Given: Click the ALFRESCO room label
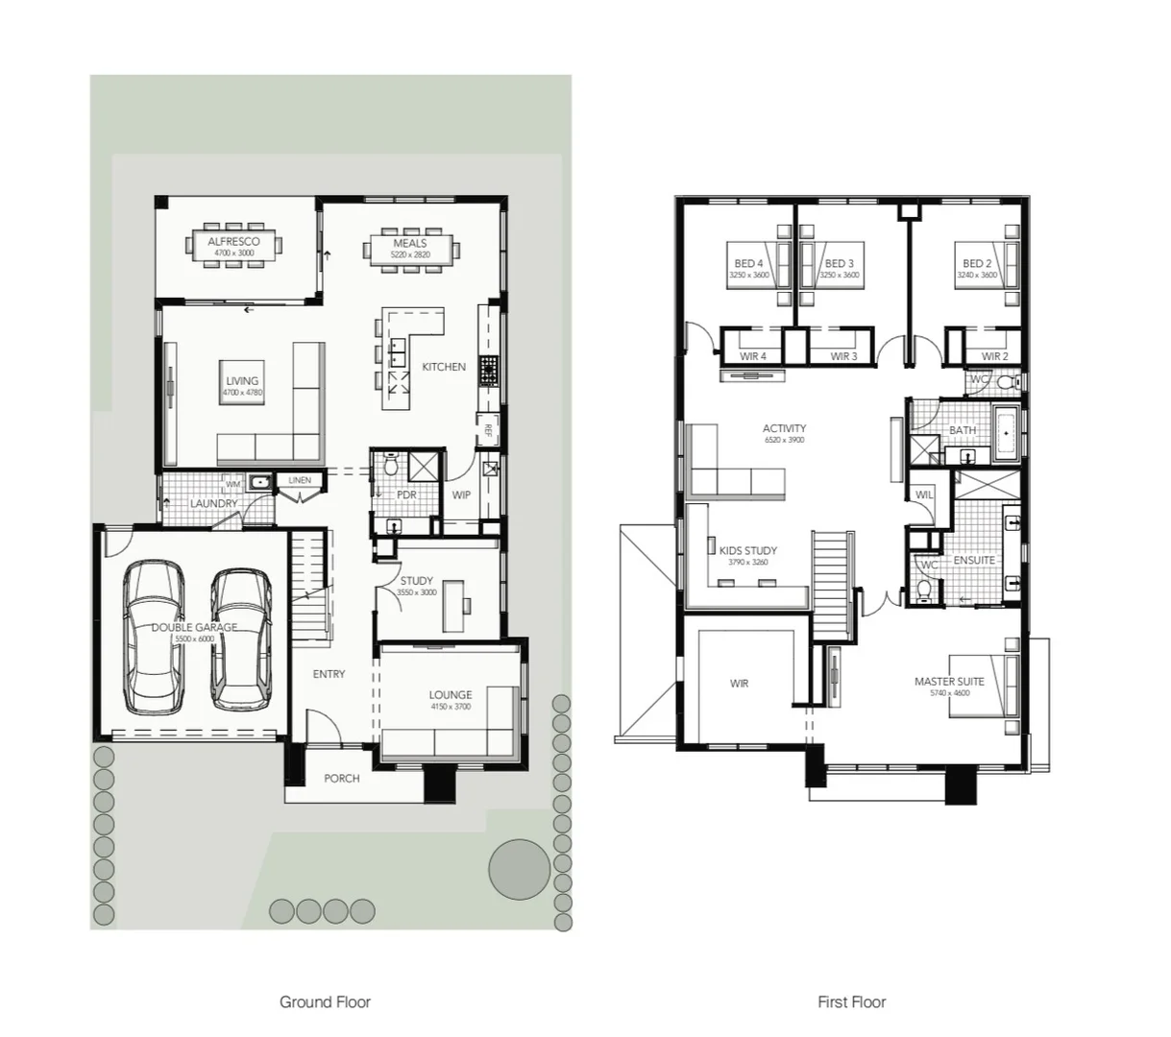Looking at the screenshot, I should [x=233, y=242].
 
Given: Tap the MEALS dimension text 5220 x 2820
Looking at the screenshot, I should [x=410, y=255].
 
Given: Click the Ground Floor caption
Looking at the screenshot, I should [x=325, y=1002].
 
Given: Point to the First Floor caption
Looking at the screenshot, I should [x=851, y=1002].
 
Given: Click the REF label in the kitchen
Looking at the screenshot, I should [x=488, y=429].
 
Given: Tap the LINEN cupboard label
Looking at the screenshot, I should [x=300, y=480].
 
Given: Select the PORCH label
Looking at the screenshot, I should [x=341, y=778].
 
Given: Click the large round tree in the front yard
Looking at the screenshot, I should [x=519, y=868].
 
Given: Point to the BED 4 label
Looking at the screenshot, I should [x=748, y=263].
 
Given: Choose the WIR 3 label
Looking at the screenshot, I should [x=842, y=357].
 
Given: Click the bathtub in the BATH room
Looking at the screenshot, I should [x=1007, y=433].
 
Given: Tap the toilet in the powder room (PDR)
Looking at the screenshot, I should [x=391, y=467].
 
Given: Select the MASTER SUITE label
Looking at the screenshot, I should [x=948, y=682].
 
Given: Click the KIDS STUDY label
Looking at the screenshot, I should [x=748, y=551].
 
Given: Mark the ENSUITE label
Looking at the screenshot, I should [x=974, y=560].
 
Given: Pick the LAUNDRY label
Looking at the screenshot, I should [x=213, y=503].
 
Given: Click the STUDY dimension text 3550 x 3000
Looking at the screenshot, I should [x=416, y=592].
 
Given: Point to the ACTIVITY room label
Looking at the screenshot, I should [x=784, y=428].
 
